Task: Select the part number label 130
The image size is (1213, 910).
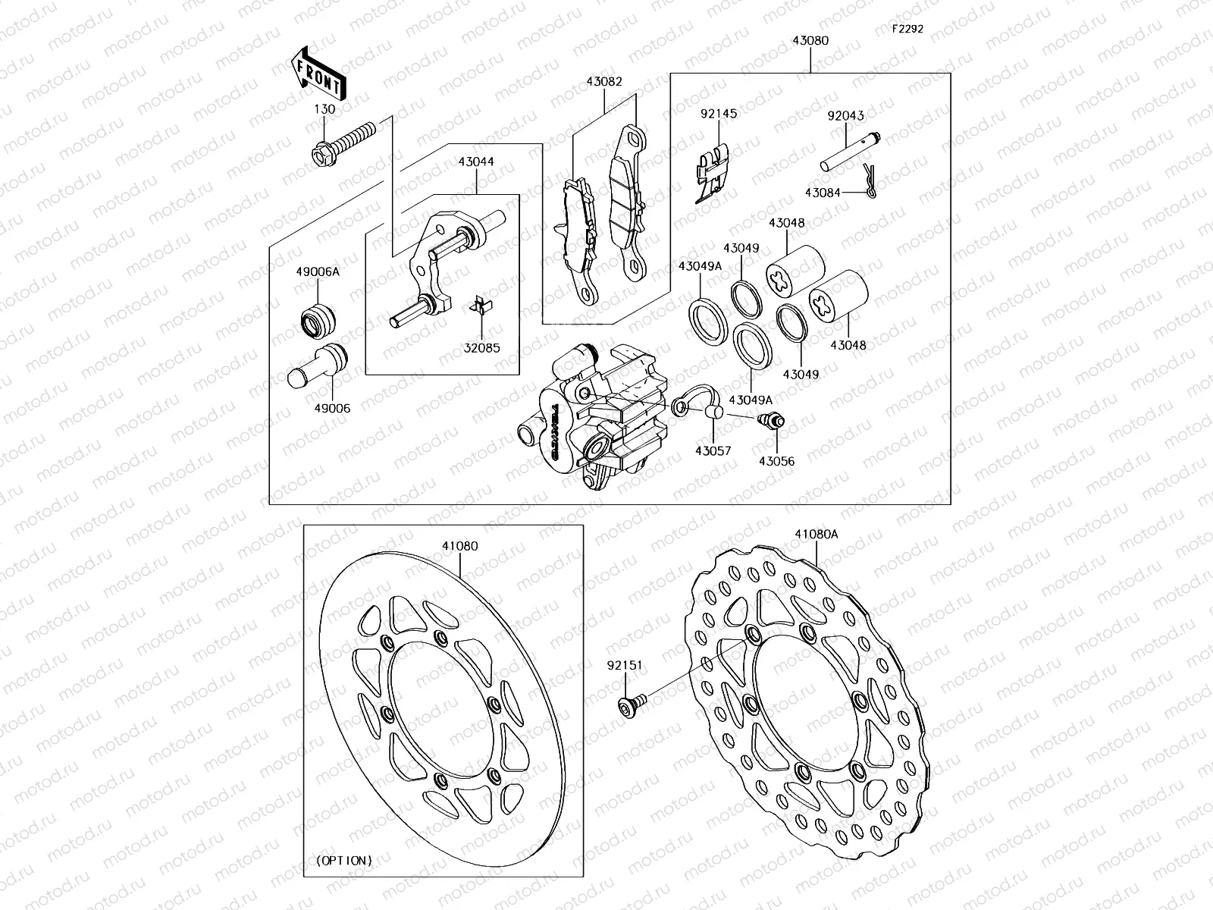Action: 324,109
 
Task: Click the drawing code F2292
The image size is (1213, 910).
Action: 907,29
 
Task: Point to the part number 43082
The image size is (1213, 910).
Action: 603,81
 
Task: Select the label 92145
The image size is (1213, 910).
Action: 718,115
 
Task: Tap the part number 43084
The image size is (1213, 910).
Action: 823,193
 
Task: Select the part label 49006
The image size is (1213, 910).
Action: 334,408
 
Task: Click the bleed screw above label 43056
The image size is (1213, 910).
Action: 772,420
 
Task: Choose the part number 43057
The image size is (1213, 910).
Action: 713,450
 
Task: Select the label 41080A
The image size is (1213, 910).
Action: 817,534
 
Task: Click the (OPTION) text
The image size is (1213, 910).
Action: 343,861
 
